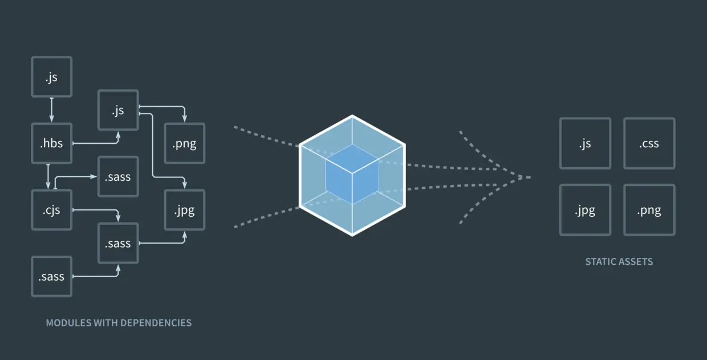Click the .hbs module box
[x=52, y=143]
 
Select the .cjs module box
[x=52, y=210]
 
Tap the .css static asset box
[x=649, y=143]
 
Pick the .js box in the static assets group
[x=585, y=143]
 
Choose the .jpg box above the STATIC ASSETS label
[x=585, y=210]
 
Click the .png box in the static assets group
[x=649, y=210]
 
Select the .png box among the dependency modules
[x=184, y=143]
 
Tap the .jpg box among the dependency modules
[x=184, y=210]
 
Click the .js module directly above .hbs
[x=52, y=76]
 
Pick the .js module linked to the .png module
[x=118, y=110]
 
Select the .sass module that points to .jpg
[x=118, y=243]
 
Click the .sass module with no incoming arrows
[x=52, y=277]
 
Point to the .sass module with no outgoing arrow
[x=118, y=177]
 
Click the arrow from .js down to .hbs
[x=52, y=110]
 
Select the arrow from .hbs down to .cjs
[x=48, y=177]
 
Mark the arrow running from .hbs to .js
[x=97, y=143]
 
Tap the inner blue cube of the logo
[x=352, y=174]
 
